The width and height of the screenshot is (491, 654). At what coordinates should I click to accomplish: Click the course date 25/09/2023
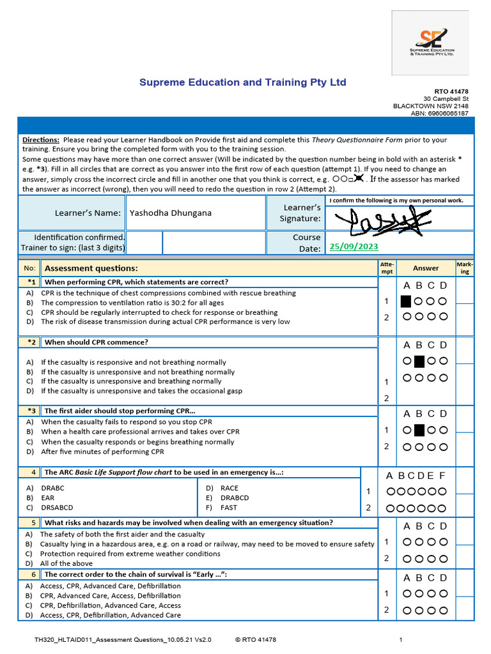pos(354,247)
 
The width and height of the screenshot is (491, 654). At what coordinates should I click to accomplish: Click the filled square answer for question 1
pos(405,301)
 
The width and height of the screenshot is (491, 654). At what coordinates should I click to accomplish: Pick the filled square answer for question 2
pos(419,361)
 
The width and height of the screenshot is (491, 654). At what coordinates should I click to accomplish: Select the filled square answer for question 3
pos(419,430)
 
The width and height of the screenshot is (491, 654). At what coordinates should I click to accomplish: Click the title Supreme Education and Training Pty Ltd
pos(243,82)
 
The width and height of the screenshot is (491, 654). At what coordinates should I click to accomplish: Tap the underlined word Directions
pos(41,139)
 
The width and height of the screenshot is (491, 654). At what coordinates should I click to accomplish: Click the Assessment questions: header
pos(91,268)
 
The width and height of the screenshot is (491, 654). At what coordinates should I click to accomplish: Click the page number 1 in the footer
pos(401,639)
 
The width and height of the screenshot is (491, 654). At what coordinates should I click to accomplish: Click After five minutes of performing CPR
pos(102,452)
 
